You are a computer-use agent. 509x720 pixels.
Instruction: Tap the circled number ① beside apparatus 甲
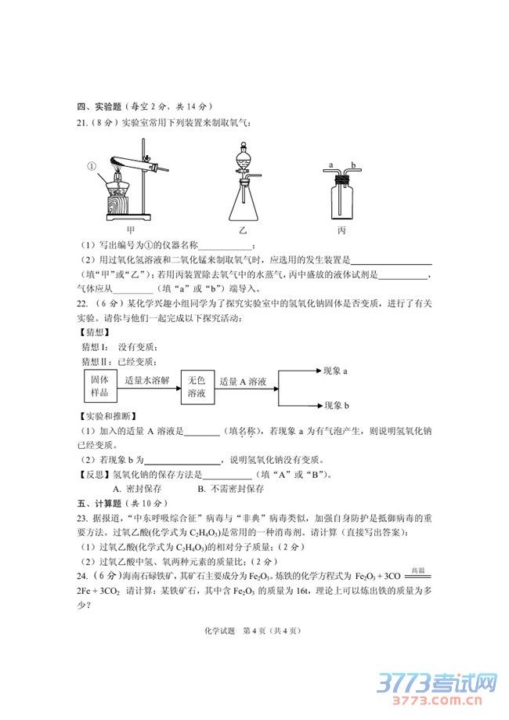coord(91,166)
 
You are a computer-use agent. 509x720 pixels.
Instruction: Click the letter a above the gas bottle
coord(331,165)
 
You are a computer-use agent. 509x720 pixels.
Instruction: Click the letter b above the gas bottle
coord(353,165)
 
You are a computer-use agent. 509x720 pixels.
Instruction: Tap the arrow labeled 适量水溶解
coord(149,384)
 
